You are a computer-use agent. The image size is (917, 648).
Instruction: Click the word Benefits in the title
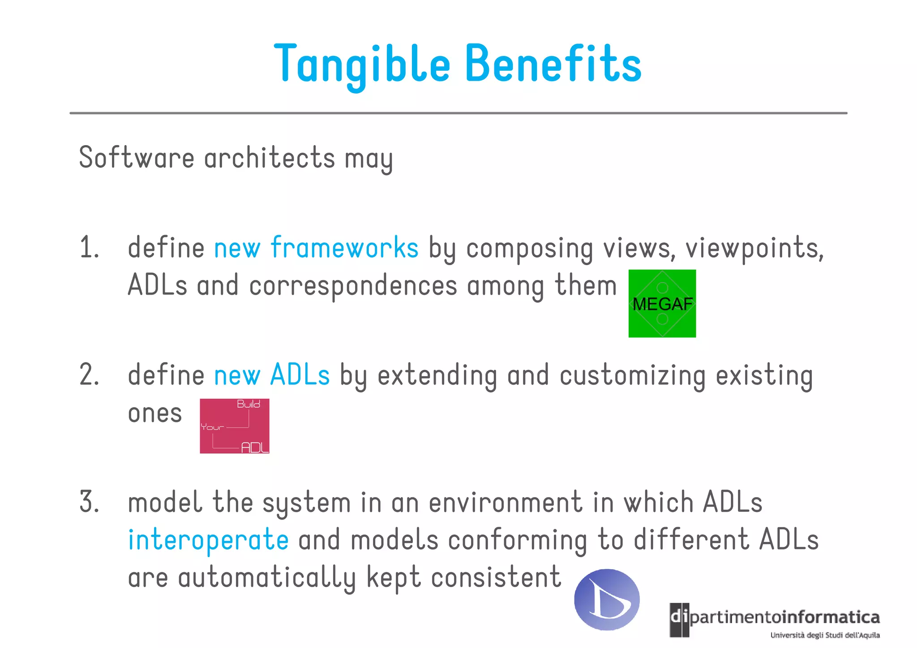coord(553,64)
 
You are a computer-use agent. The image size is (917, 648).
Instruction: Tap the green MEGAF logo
coord(662,304)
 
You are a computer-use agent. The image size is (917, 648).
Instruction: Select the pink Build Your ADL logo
coord(234,426)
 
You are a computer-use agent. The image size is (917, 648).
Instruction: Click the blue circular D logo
coord(607,599)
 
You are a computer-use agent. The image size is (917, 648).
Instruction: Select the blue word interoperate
coord(208,540)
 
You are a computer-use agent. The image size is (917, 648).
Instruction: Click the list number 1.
coord(89,248)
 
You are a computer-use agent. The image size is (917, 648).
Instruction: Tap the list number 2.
coord(89,375)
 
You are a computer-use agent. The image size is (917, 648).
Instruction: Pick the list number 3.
coord(89,502)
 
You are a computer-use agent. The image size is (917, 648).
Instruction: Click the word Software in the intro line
coord(137,158)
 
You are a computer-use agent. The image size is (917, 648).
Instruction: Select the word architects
coord(270,158)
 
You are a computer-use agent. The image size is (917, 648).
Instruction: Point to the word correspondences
coord(353,286)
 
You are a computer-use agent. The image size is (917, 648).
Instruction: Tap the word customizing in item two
coord(632,376)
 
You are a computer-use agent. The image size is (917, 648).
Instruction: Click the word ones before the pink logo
coord(155,413)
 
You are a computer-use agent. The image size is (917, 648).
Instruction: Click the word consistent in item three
coord(496,577)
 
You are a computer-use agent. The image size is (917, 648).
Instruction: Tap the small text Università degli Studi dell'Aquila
coord(825,635)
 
